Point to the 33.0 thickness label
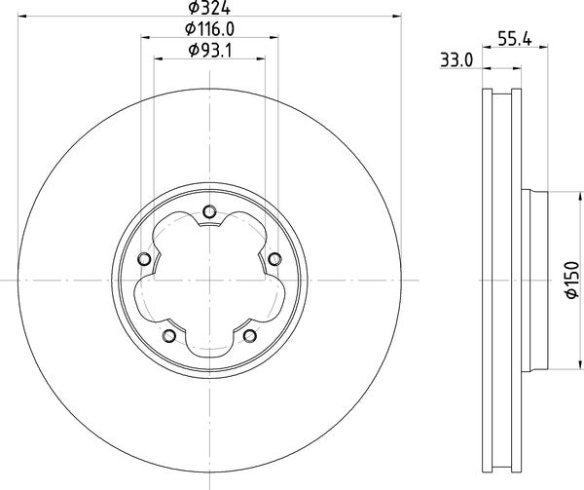[456, 60]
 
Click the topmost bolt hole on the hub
[209, 215]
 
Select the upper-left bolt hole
[145, 259]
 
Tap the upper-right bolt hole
[274, 258]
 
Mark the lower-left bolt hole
[169, 336]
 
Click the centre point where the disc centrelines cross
[209, 283]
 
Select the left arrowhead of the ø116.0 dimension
[146, 37]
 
